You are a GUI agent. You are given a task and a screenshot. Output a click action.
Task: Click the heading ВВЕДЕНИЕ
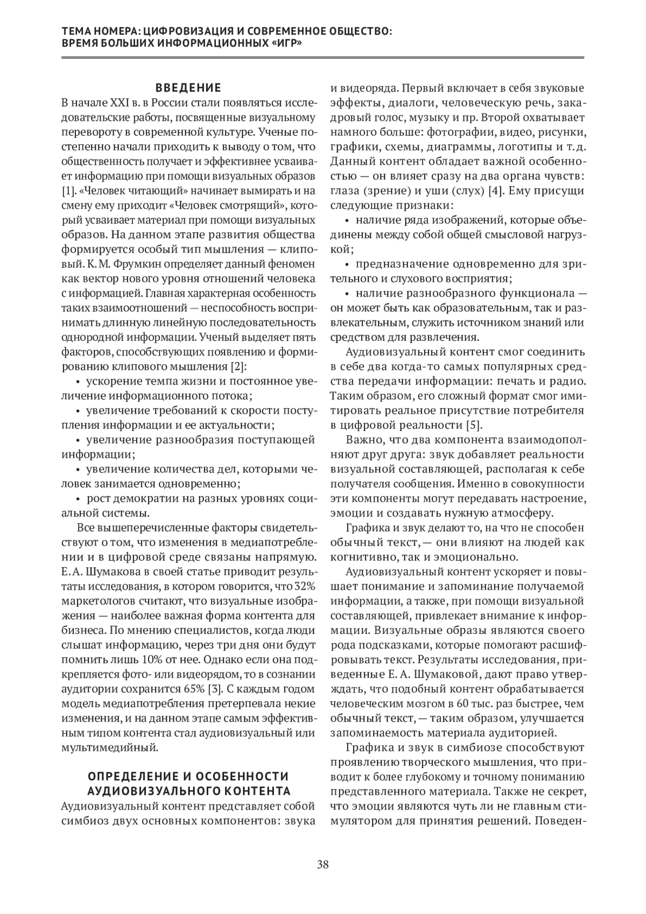pos(188,88)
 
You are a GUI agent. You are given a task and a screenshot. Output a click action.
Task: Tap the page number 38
pos(323,866)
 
